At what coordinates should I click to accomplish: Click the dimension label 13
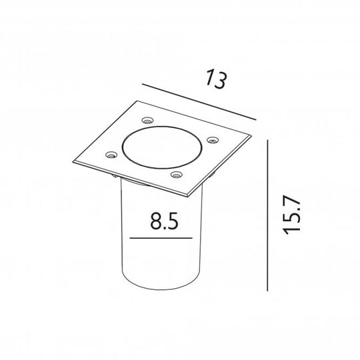pos(215,81)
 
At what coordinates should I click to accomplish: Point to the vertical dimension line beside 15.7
pos(267,215)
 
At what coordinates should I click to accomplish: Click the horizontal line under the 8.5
pos(163,238)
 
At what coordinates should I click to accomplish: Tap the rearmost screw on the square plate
pos(147,121)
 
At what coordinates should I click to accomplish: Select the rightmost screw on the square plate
pos(213,139)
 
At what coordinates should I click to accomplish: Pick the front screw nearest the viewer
pos(177,175)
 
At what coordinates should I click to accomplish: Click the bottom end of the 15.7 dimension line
pos(267,291)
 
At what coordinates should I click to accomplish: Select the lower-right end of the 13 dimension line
pos(255,119)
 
